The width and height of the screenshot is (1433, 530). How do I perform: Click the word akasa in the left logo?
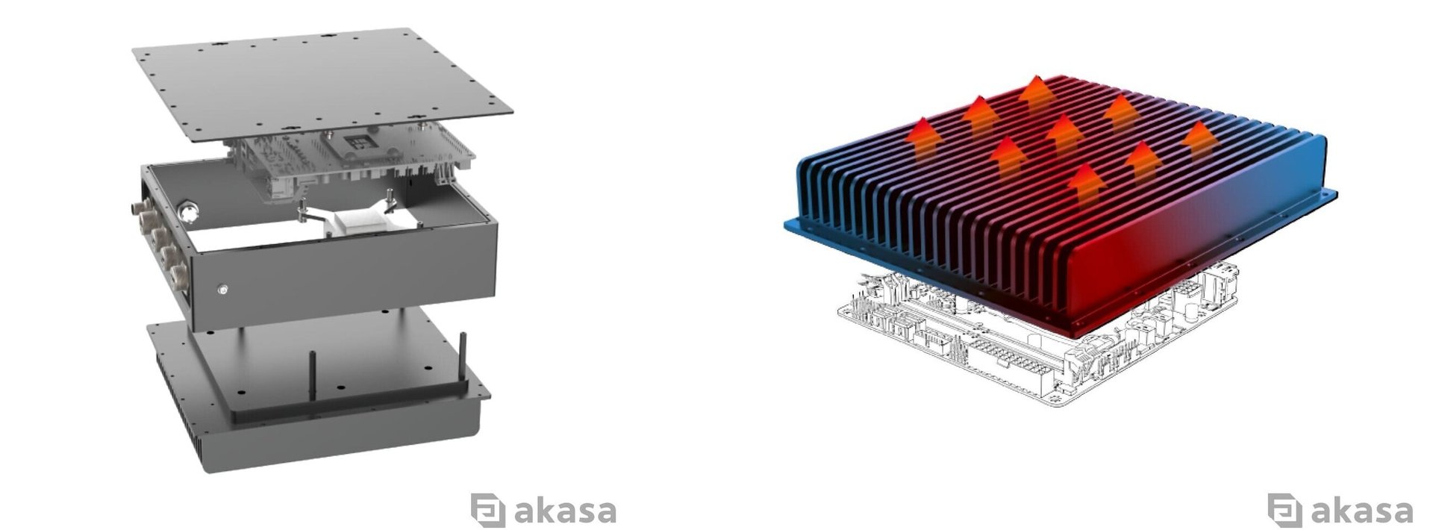click(565, 511)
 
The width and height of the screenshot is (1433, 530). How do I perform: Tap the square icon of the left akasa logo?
click(487, 510)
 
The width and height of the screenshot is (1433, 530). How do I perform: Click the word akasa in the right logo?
click(1361, 511)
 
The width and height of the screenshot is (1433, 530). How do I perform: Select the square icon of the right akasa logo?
click(1284, 510)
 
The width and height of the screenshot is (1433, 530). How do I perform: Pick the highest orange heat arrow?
click(1034, 93)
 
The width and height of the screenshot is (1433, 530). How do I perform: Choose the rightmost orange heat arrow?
click(1198, 139)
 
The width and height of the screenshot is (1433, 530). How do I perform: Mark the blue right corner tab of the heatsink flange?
click(1329, 196)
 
